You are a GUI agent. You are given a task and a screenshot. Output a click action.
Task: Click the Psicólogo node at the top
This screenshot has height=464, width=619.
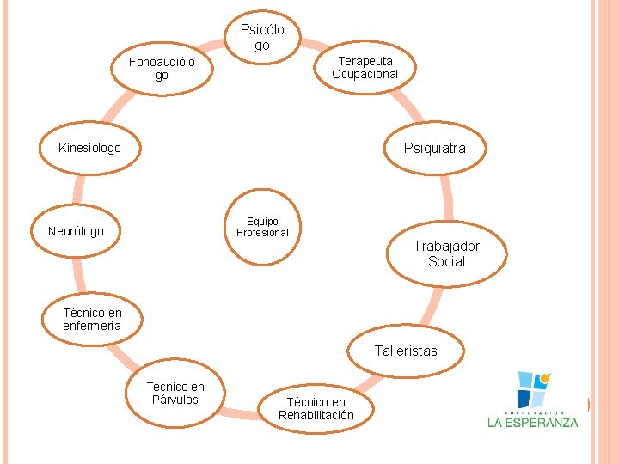[261, 37]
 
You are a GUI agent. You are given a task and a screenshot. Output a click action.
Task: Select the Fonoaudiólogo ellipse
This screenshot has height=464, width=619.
[162, 68]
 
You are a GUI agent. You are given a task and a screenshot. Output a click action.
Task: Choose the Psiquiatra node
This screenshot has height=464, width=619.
[435, 148]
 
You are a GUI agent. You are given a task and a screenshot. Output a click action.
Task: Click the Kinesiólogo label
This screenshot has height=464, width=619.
[89, 148]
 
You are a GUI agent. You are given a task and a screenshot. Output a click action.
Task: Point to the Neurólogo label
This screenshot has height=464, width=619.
[76, 231]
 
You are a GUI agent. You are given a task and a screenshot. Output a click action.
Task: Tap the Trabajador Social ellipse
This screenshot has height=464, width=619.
[446, 253]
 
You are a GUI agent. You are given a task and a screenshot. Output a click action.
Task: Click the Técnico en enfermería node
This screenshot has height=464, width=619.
[92, 319]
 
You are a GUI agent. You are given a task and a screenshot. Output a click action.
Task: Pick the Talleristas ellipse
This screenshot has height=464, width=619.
[406, 351]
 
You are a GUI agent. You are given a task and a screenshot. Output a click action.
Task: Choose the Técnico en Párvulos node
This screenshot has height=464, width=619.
[175, 393]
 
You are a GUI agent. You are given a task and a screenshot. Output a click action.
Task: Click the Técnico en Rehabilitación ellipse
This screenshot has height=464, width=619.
[316, 408]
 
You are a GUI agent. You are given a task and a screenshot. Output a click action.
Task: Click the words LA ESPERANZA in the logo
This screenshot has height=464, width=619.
[533, 422]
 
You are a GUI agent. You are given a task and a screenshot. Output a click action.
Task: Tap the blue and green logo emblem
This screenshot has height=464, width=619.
[533, 388]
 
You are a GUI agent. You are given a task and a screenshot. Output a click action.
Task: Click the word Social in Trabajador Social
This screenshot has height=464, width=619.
[446, 261]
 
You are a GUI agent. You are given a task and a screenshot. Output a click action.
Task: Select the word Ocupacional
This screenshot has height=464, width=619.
[365, 74]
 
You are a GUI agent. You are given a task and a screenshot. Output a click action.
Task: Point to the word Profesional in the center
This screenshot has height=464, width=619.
[262, 233]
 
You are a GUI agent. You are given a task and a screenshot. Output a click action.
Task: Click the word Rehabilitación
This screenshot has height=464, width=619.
[316, 415]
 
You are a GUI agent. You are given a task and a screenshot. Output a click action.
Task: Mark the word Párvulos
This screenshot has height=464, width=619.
[175, 400]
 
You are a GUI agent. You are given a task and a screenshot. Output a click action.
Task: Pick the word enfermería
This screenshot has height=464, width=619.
[92, 326]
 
